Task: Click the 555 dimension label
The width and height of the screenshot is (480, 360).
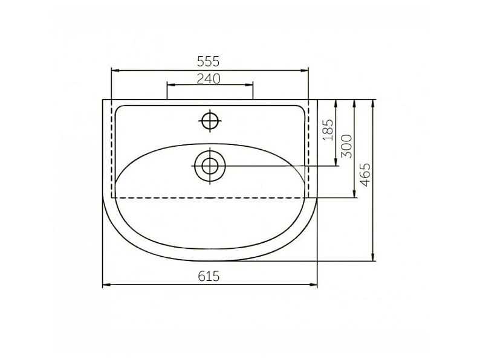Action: [208, 62]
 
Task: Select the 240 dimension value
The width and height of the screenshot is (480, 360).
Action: [209, 79]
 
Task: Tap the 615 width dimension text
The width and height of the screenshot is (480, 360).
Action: [209, 277]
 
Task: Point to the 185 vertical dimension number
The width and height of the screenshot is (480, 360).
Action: [328, 130]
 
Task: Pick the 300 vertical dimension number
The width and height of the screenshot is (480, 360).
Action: [347, 146]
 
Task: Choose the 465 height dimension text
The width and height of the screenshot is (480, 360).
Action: [365, 175]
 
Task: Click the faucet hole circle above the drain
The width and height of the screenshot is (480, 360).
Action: [210, 121]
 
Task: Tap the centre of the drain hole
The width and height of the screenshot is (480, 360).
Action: [210, 166]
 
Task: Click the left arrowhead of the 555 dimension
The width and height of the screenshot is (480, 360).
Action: [115, 71]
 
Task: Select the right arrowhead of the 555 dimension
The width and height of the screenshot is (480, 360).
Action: [305, 71]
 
